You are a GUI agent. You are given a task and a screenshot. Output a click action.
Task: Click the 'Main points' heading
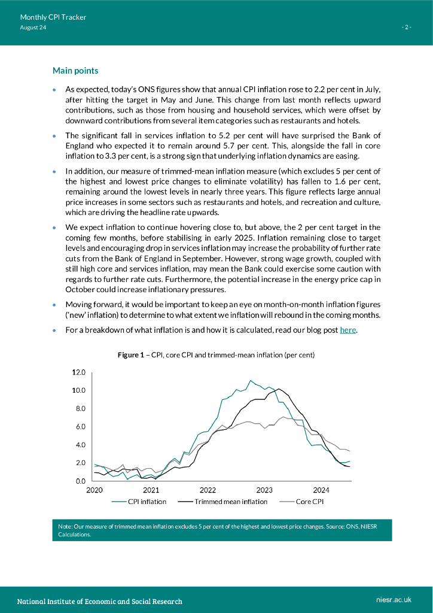(x=75, y=71)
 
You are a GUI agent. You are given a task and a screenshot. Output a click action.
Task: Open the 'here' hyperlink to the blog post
(x=348, y=330)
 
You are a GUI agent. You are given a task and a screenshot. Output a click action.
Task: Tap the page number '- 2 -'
(x=406, y=28)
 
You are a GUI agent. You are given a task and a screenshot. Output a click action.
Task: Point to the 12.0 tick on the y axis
(x=79, y=372)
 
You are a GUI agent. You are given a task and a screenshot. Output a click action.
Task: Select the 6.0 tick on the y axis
(x=80, y=427)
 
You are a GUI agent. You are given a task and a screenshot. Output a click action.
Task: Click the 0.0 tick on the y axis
(x=80, y=481)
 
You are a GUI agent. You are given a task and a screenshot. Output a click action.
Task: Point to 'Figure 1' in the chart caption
(x=130, y=355)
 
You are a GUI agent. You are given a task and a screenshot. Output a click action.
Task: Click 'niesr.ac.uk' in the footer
(x=394, y=599)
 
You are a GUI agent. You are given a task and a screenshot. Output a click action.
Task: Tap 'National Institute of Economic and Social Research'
(x=99, y=600)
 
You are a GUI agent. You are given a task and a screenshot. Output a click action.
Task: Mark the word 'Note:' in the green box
(x=65, y=526)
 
